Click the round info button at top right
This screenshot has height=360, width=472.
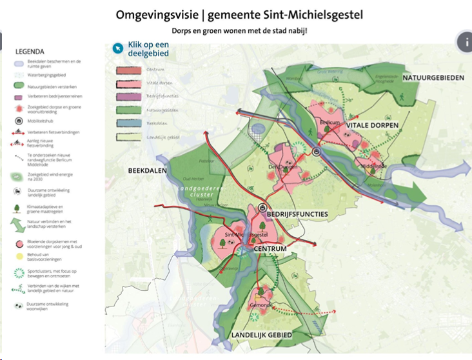point(464,42)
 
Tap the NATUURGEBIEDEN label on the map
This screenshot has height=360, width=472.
point(433,78)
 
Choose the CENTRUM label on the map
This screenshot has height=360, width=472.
point(270,248)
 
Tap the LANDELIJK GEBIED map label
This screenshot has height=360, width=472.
point(261,335)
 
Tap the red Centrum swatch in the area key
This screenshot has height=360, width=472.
point(129,70)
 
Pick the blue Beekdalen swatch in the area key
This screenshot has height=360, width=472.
point(129,123)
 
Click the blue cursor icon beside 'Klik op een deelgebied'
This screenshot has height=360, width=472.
point(117,47)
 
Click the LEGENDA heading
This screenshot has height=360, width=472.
point(30,52)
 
